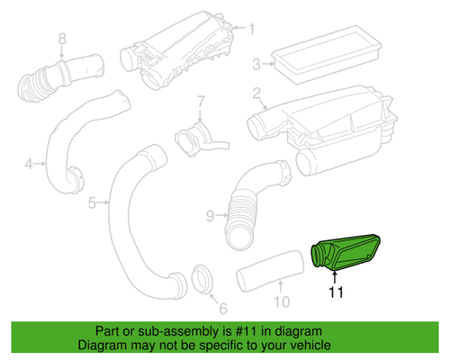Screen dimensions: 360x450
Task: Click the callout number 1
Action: (x=251, y=28)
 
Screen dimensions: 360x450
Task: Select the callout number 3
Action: (x=256, y=63)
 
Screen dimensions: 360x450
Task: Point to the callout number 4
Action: (x=28, y=164)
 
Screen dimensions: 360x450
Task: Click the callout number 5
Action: (x=92, y=203)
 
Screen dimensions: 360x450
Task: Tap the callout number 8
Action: (x=62, y=38)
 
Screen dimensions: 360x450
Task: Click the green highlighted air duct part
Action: (x=346, y=251)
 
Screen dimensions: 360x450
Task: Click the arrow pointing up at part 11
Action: (x=337, y=274)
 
